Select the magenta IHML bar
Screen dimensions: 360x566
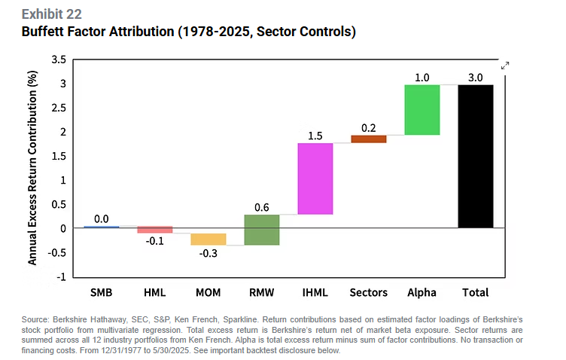[315, 178]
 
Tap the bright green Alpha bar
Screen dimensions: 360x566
[422, 110]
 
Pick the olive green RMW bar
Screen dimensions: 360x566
[262, 230]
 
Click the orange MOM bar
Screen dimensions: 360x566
[208, 239]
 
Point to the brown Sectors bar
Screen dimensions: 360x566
[369, 139]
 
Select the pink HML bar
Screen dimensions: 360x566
[155, 230]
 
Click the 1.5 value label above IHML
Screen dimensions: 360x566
[315, 136]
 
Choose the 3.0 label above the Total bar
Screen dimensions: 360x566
[476, 78]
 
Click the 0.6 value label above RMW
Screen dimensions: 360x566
[262, 207]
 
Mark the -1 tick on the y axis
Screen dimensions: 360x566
[62, 276]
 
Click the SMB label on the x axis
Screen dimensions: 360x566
[102, 292]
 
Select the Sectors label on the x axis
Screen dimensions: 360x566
[369, 292]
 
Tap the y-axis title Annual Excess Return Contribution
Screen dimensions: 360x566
[33, 168]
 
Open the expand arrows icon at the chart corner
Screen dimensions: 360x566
[506, 66]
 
